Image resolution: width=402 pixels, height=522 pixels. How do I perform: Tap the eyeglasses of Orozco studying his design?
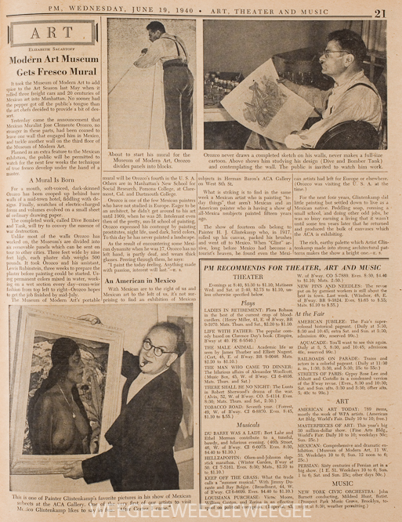tap(339, 53)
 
